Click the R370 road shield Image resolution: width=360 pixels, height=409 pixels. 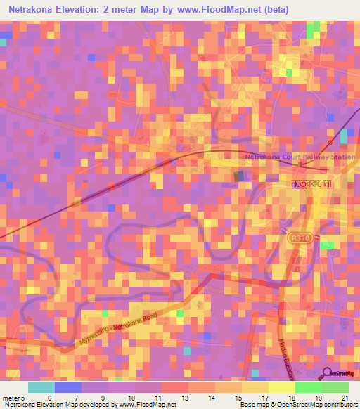coord(298,239)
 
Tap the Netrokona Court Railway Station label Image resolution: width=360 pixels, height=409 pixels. coord(299,157)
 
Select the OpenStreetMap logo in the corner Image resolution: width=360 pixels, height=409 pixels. coord(340,374)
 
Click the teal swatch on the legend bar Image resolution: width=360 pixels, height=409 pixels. coord(41,387)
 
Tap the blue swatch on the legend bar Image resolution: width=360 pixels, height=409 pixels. coord(67,387)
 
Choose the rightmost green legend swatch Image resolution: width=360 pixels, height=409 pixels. coord(335,387)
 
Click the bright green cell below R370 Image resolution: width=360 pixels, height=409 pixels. coord(327,245)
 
